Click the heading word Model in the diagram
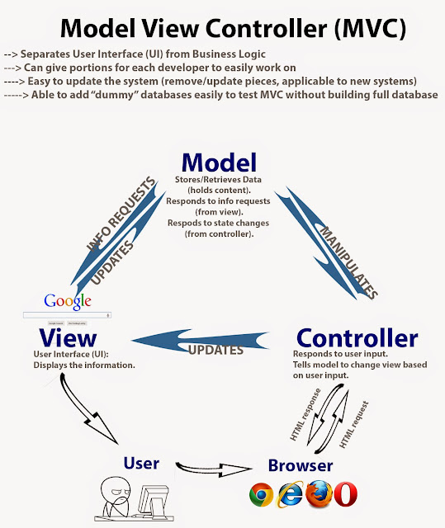coord(220,162)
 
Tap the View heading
coord(69,338)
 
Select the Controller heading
coord(357,338)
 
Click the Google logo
coord(68,300)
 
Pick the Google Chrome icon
coord(263,494)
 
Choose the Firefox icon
coord(318,494)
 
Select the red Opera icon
coord(346,494)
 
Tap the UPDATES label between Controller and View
coord(216,350)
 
